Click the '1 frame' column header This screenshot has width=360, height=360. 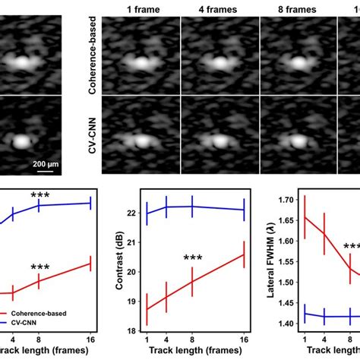click(x=140, y=9)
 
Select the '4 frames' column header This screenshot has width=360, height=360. click(x=219, y=9)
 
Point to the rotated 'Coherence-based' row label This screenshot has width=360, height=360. click(x=91, y=56)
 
